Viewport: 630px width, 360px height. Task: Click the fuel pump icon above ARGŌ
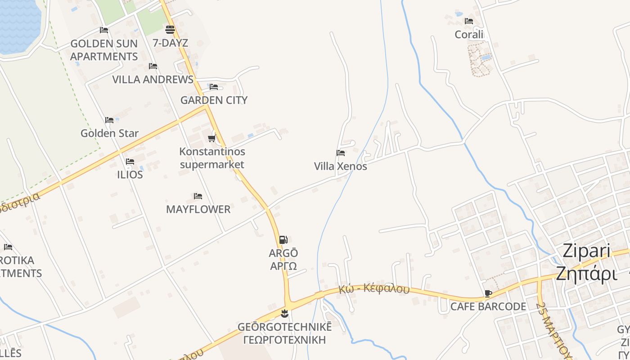coord(283,240)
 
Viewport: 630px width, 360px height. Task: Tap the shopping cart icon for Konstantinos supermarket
coord(212,138)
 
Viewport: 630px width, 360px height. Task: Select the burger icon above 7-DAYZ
coord(170,30)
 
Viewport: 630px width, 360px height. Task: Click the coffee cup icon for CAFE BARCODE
coord(488,294)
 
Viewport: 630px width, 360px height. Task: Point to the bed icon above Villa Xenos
coord(341,153)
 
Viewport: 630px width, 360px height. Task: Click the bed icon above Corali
coord(469,21)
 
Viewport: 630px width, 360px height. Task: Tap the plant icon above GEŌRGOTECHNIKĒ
coord(284,313)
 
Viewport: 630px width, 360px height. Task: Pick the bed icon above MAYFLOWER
coord(198,196)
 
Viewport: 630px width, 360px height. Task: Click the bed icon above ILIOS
coord(130,162)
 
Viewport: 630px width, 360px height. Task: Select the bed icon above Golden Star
coord(109,120)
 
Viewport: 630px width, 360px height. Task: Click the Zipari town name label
coord(586,251)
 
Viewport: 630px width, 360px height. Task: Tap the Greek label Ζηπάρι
coord(586,273)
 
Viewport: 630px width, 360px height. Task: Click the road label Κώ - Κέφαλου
coord(374,288)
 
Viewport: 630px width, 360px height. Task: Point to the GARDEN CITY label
coord(214,100)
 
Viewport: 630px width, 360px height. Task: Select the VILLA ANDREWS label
coord(153,80)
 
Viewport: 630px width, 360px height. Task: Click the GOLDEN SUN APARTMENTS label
coord(104,50)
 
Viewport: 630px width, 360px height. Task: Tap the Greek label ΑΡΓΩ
coord(283,266)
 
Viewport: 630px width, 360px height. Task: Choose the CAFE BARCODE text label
coord(488,306)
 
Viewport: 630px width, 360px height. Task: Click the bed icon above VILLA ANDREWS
coord(153,66)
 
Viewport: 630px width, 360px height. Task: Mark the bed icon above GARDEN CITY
coord(214,87)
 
